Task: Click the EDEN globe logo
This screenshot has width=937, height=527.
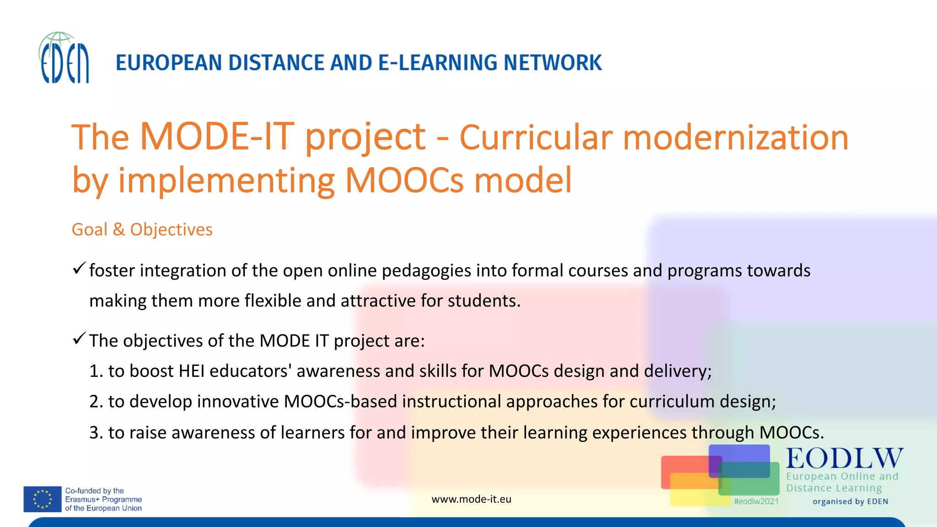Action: coord(64,58)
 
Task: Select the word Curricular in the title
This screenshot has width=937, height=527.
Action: coord(536,137)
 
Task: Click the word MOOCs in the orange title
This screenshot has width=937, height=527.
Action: coord(404,180)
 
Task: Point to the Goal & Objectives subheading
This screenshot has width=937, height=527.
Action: coord(142,229)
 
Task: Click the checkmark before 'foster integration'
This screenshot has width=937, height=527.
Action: coord(79,269)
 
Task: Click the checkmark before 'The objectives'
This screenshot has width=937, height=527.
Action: coord(79,339)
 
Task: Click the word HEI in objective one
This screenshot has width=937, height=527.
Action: coord(191,371)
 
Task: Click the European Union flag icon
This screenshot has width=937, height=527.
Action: coord(43,499)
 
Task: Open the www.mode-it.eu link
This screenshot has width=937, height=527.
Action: coord(471,499)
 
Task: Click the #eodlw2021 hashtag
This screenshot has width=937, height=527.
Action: coord(756,501)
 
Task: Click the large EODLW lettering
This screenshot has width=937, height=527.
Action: coord(845,458)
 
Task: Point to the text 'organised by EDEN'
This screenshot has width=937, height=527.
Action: coord(850,501)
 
